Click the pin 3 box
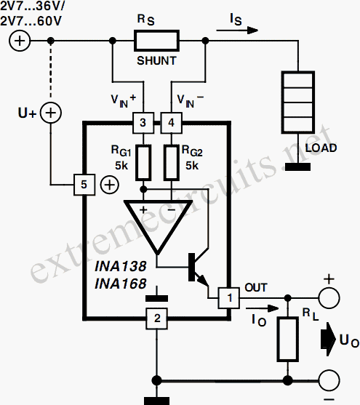click(x=143, y=123)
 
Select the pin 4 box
click(x=171, y=123)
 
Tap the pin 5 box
click(x=84, y=185)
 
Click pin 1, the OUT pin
click(x=228, y=298)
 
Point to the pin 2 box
click(x=156, y=318)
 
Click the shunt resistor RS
click(x=156, y=41)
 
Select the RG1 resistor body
click(x=143, y=162)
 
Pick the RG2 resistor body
click(x=172, y=162)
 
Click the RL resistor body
click(x=288, y=339)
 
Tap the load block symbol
click(x=298, y=103)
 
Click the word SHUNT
click(x=156, y=61)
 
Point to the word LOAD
click(x=321, y=148)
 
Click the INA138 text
click(x=121, y=266)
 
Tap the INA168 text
click(x=121, y=284)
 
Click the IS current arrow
click(x=237, y=31)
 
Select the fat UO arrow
click(x=328, y=339)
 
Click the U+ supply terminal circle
click(x=51, y=113)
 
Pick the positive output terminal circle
click(x=329, y=298)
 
